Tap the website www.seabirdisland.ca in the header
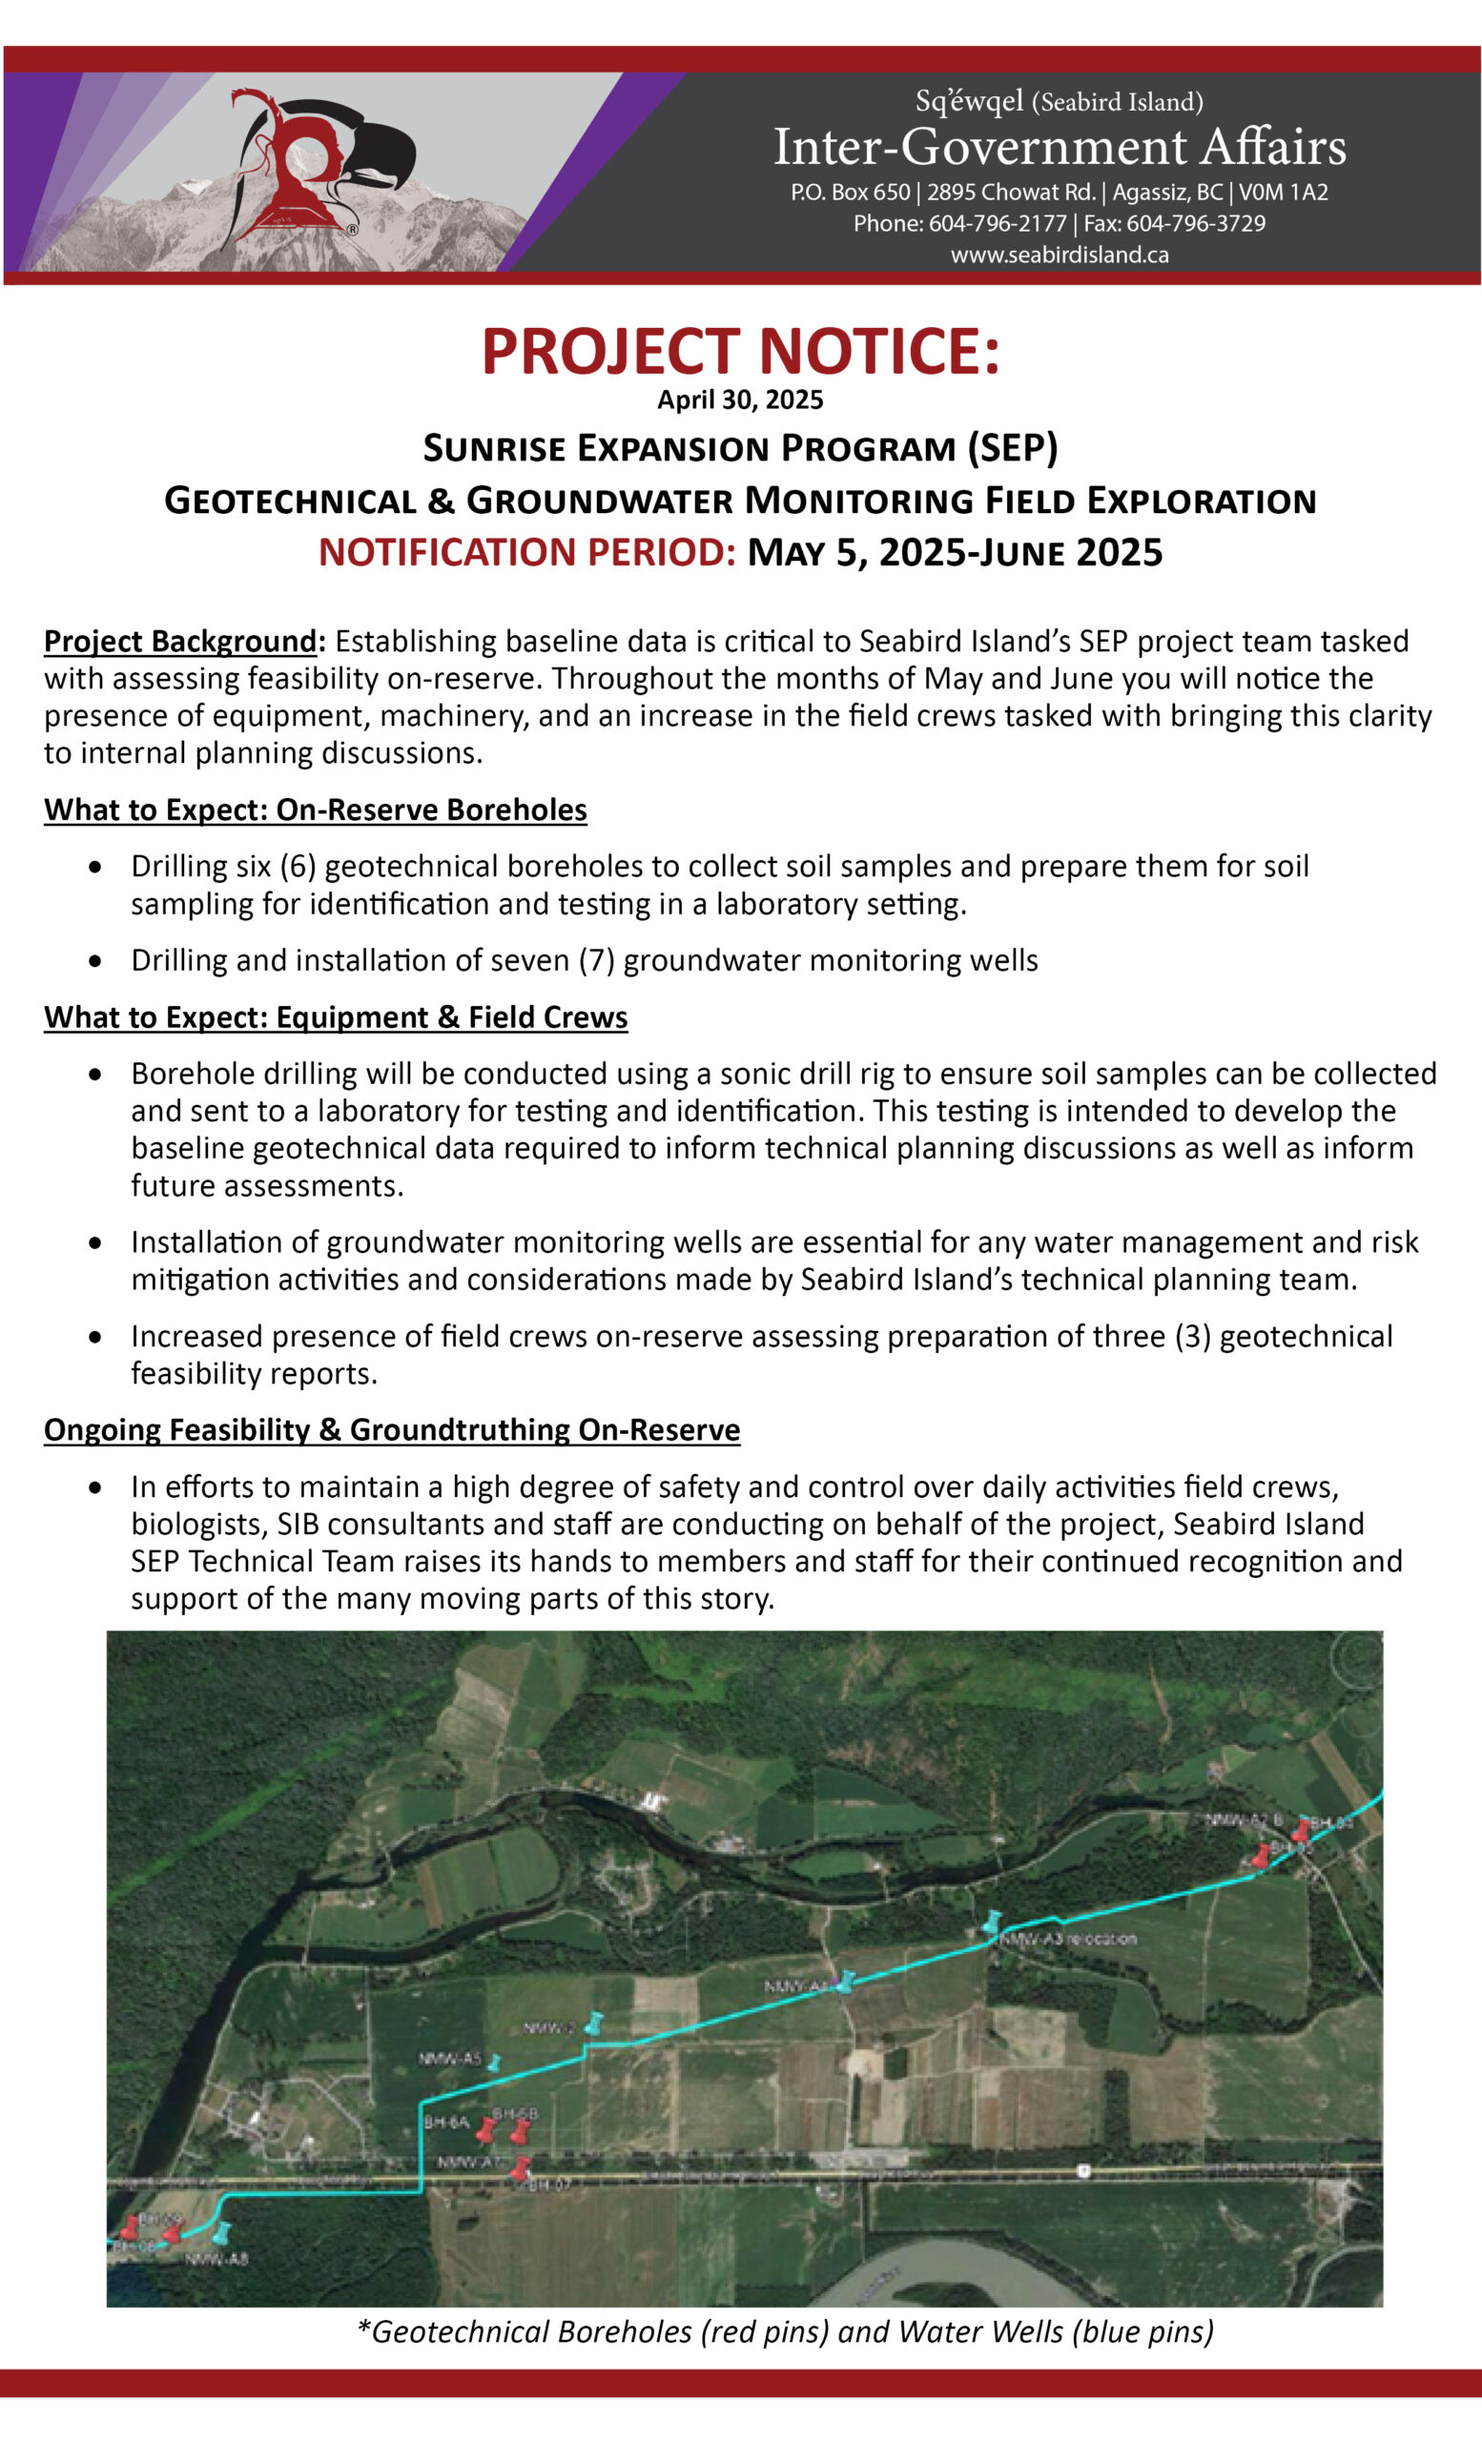coord(1059,255)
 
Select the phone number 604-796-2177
coord(998,223)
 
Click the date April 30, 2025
coord(740,400)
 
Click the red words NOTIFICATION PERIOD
coord(527,552)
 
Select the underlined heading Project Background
coord(180,641)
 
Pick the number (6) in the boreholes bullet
coord(298,866)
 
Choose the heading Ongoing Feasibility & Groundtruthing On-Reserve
coord(391,1429)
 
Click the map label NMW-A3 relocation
coord(1068,1937)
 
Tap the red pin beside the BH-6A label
coord(485,2130)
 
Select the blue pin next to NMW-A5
coord(493,2062)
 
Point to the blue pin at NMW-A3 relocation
coord(992,1922)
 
